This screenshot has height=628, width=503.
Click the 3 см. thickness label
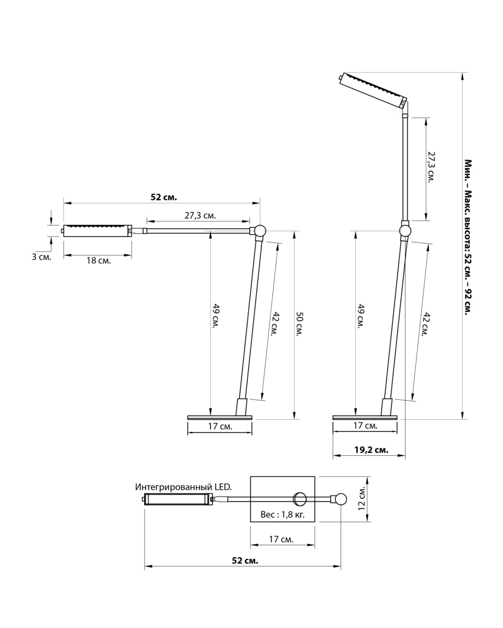click(41, 257)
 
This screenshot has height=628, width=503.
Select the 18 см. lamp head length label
click(99, 260)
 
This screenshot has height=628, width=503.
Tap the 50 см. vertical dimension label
click(300, 324)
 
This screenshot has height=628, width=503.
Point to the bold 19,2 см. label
click(371, 450)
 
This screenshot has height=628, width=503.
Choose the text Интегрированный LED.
click(183, 487)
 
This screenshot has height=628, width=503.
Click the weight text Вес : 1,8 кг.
click(282, 514)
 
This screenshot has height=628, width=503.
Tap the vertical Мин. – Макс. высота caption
click(468, 237)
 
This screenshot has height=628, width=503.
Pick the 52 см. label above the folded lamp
click(163, 197)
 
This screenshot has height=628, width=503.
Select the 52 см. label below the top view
click(245, 560)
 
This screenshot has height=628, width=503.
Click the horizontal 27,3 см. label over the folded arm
click(200, 216)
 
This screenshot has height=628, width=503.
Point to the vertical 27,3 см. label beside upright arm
click(432, 166)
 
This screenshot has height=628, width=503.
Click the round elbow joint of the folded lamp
click(259, 231)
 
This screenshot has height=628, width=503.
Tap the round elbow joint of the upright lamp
click(405, 231)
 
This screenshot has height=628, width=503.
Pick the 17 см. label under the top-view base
click(281, 539)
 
